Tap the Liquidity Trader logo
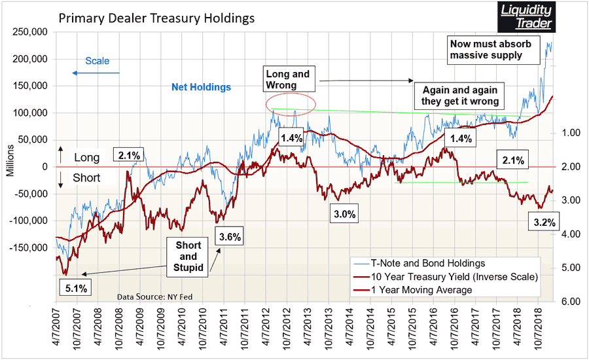tap(526, 17)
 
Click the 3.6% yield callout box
tap(231, 236)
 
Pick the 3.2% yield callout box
tap(544, 223)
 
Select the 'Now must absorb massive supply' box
tap(494, 49)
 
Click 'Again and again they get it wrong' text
tap(461, 96)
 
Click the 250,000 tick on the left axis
tap(30, 31)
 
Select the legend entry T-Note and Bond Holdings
tap(437, 263)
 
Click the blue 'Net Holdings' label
tap(201, 87)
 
